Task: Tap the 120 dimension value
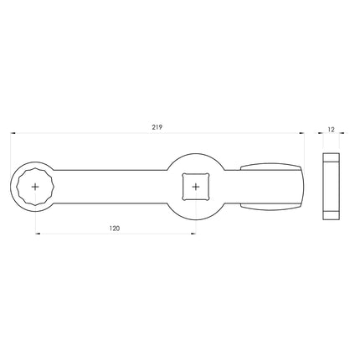[x=116, y=227]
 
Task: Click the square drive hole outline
[x=185, y=176]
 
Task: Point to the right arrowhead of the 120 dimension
[x=193, y=233]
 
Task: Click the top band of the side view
[x=332, y=157]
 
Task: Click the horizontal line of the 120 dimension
[x=84, y=233]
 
